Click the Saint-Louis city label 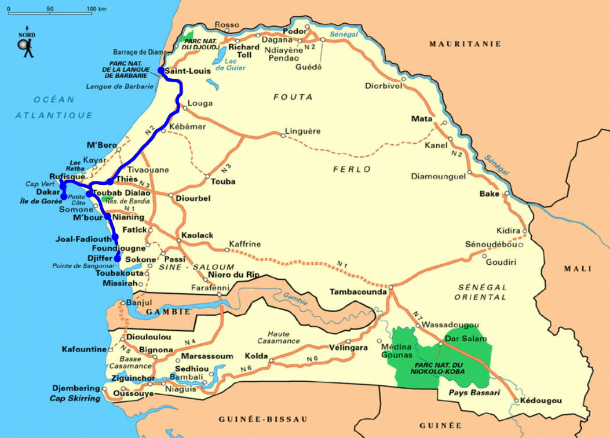click(x=184, y=72)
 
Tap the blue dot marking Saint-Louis click(x=161, y=71)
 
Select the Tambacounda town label click(x=357, y=292)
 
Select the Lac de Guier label click(x=228, y=64)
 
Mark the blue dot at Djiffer click(x=118, y=258)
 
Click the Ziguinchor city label click(x=135, y=378)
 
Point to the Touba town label click(x=223, y=181)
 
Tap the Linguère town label click(x=304, y=132)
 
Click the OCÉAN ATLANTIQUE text click(x=54, y=107)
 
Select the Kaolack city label click(x=197, y=236)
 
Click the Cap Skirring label click(x=75, y=398)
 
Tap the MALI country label click(x=579, y=269)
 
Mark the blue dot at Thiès click(x=110, y=181)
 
